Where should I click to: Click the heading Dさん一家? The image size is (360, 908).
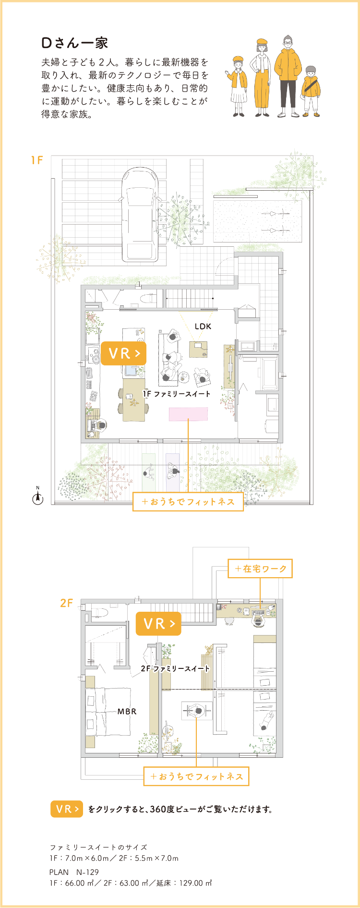point(74,43)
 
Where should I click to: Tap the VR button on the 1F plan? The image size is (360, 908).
point(123,353)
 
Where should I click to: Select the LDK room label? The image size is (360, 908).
point(203,326)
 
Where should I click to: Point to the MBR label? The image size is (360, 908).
point(127,712)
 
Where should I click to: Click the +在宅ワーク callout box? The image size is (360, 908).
point(260,569)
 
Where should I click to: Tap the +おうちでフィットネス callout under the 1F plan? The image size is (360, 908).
point(188,502)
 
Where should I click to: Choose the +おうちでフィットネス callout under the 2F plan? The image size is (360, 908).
point(196,776)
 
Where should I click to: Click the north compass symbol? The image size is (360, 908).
point(37,497)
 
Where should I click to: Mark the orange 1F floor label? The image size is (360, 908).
point(37,160)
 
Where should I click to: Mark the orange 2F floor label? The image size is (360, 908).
point(66,603)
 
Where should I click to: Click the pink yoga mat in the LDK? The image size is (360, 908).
point(188,414)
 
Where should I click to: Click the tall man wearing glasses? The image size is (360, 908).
point(288,76)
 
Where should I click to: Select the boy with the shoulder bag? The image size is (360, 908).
point(311,91)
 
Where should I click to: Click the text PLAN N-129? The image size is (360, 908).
point(74,872)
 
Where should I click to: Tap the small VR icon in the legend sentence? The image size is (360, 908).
point(67,809)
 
